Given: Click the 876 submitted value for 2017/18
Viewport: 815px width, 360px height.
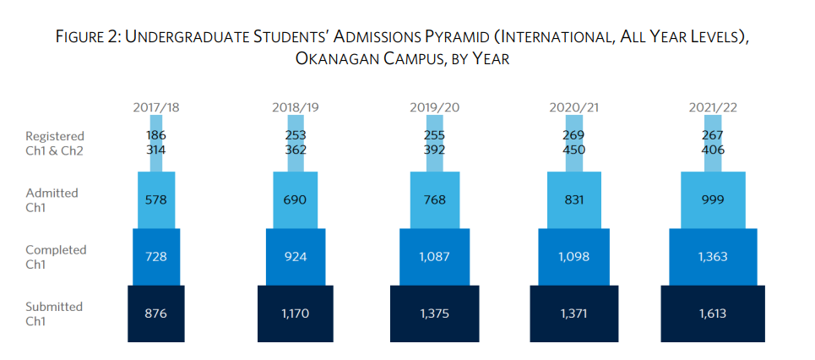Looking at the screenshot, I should (156, 314).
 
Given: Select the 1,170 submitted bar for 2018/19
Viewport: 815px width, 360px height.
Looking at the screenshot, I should (295, 314).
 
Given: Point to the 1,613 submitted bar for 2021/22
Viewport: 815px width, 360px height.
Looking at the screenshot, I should (713, 314).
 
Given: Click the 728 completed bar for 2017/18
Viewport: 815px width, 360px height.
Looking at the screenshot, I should (156, 256).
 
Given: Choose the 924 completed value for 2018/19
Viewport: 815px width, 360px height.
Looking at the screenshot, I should (295, 256).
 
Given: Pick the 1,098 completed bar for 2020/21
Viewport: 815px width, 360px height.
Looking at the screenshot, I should (573, 256).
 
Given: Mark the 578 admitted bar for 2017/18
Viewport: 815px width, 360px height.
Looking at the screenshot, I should (156, 199).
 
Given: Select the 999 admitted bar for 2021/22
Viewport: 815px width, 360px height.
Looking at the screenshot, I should (713, 199).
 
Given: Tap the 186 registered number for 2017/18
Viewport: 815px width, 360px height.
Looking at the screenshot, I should (156, 135).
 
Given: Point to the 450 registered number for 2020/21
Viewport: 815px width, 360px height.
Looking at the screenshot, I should (573, 150).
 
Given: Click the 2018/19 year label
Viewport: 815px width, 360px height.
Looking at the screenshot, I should (295, 107).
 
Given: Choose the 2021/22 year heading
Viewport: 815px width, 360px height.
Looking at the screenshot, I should (713, 107).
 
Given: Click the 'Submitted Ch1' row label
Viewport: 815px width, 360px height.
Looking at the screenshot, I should (54, 314).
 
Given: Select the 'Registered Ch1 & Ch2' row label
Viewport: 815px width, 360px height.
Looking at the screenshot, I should (55, 143).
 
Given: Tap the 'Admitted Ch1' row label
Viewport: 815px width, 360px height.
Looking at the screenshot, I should (52, 199).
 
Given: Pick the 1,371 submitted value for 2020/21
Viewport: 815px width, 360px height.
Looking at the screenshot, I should (573, 314).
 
